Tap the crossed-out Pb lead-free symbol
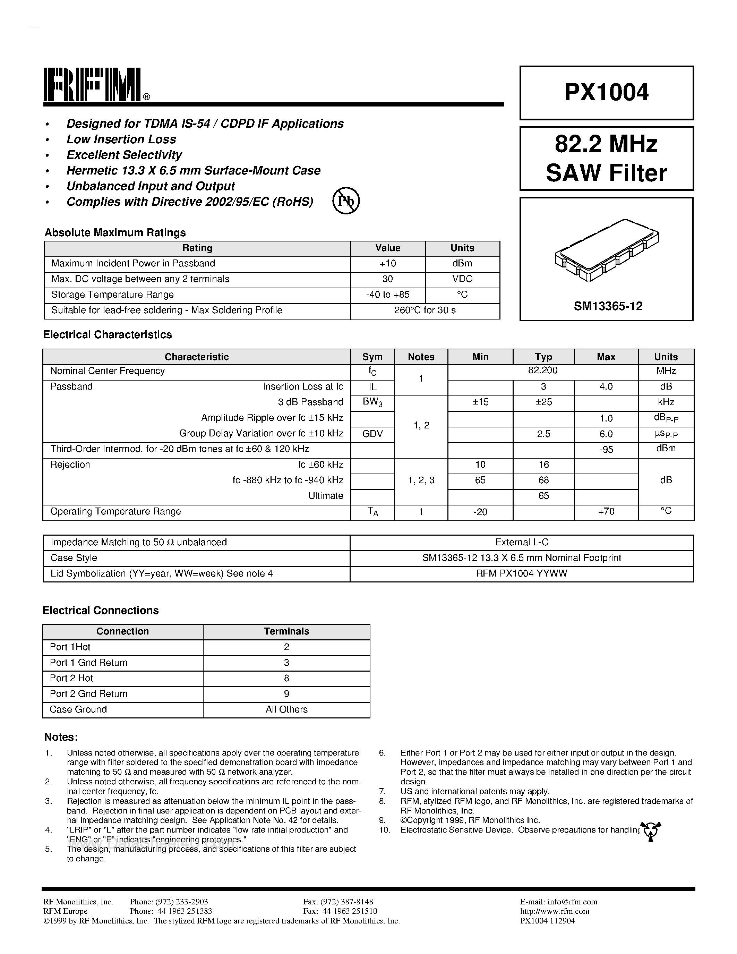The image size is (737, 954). pos(346,201)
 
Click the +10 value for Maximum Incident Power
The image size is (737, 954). pos(387,263)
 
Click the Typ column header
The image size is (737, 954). pos(543,357)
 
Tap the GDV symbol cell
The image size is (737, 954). pos(372,433)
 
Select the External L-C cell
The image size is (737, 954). pos(521,543)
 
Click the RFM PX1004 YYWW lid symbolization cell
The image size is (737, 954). pos(521,573)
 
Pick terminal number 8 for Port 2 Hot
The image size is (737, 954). pos(286,678)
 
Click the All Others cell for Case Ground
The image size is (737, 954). pos(286,709)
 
